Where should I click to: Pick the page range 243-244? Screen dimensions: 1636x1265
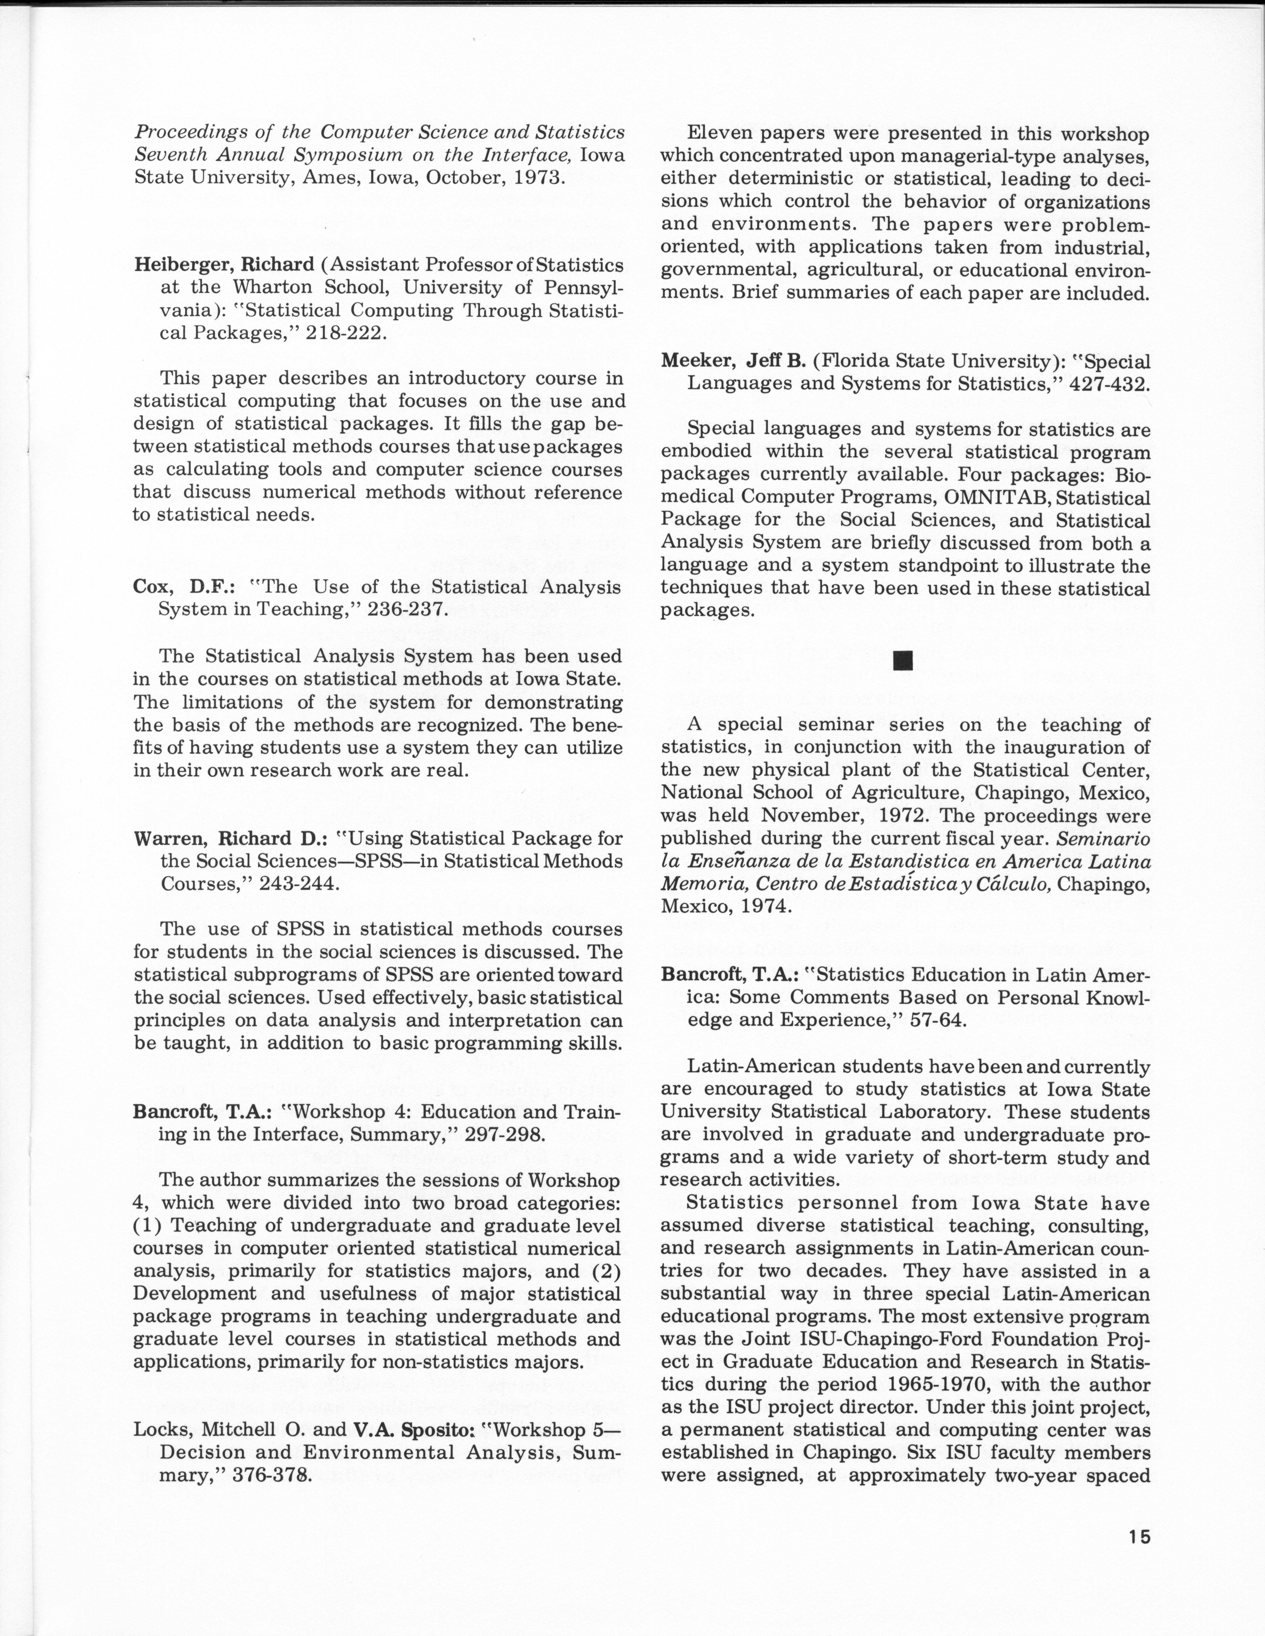(x=300, y=884)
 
